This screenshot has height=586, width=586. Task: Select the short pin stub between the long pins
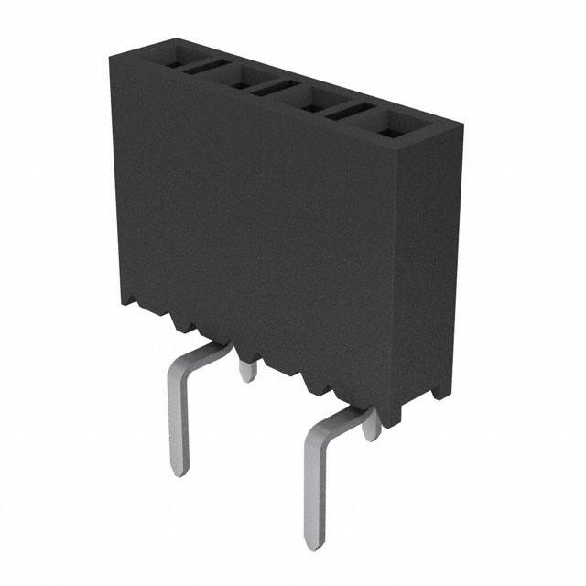(245, 370)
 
